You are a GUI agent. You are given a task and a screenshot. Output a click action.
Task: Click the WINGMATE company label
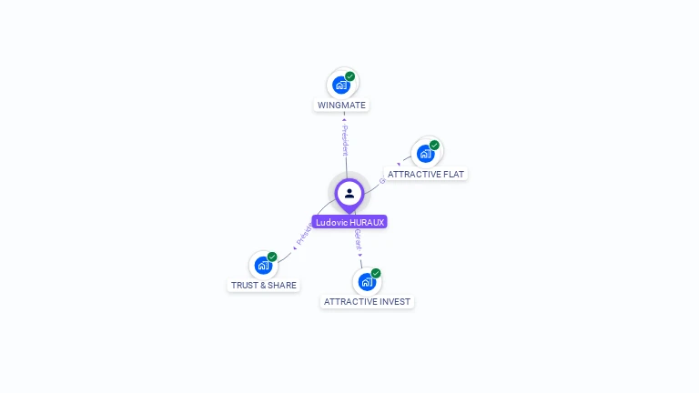[341, 105]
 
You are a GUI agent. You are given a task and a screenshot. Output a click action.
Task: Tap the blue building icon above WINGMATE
[341, 86]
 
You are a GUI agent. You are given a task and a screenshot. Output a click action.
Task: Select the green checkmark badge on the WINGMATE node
[350, 76]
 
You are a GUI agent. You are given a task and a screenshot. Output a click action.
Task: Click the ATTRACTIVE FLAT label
[426, 174]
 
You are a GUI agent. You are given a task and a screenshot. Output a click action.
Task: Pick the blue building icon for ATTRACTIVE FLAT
[425, 154]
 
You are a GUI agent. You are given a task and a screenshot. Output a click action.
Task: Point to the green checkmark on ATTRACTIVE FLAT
[435, 146]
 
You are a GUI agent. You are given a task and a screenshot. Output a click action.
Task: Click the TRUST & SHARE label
[263, 285]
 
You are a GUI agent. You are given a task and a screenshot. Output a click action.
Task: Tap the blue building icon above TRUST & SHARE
[263, 266]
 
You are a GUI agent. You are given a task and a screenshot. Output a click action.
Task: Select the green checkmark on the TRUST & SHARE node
[272, 257]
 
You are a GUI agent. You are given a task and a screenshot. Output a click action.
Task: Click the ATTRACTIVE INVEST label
[367, 301]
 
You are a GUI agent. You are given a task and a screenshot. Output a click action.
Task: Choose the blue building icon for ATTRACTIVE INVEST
[367, 282]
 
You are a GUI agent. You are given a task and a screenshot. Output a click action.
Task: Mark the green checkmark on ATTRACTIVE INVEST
[376, 273]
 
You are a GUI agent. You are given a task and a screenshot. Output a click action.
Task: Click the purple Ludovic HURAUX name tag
[349, 222]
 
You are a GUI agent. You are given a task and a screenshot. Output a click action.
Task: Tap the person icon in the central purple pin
[349, 193]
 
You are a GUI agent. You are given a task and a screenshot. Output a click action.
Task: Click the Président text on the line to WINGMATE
[344, 140]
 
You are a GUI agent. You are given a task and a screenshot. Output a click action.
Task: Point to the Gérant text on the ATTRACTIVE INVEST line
[359, 241]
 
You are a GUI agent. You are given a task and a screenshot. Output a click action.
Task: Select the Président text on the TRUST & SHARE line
[304, 234]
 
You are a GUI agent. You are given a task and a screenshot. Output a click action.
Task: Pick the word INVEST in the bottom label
[394, 301]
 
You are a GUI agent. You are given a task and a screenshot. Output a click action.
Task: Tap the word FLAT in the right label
[453, 174]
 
